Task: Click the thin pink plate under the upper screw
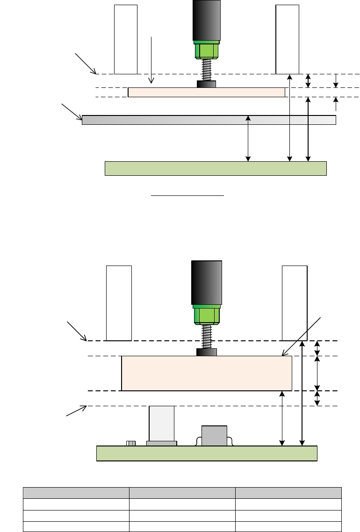[x=206, y=92]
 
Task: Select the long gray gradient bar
[x=209, y=120]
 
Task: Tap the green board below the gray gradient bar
[x=215, y=168]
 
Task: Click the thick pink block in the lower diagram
[x=206, y=373]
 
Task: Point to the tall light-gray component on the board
[x=161, y=423]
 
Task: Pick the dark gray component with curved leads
[x=214, y=436]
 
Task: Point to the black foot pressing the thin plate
[x=206, y=84]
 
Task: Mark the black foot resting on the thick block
[x=206, y=352]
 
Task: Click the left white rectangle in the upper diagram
[x=126, y=39]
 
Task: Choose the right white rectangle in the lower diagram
[x=295, y=303]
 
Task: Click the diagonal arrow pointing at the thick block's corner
[x=302, y=337]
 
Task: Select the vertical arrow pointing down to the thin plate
[x=151, y=61]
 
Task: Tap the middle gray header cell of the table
[x=182, y=493]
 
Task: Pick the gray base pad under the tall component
[x=161, y=443]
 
